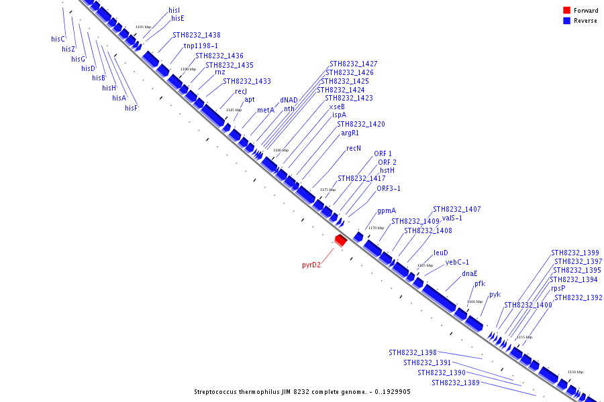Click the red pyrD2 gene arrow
[341, 239]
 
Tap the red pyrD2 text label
[311, 265]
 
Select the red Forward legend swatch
[566, 11]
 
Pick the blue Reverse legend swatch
[566, 21]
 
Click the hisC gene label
[58, 39]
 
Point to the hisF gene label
[131, 108]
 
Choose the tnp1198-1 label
[201, 46]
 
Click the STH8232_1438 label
[197, 35]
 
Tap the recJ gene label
[242, 91]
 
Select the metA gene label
[266, 110]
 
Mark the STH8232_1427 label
[353, 64]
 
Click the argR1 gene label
[350, 133]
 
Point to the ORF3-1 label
[389, 188]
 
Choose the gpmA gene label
[387, 210]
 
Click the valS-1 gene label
[452, 218]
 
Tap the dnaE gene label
[470, 273]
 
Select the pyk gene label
[495, 294]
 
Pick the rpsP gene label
[558, 288]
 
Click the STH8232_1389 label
[456, 383]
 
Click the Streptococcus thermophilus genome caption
[302, 392]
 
